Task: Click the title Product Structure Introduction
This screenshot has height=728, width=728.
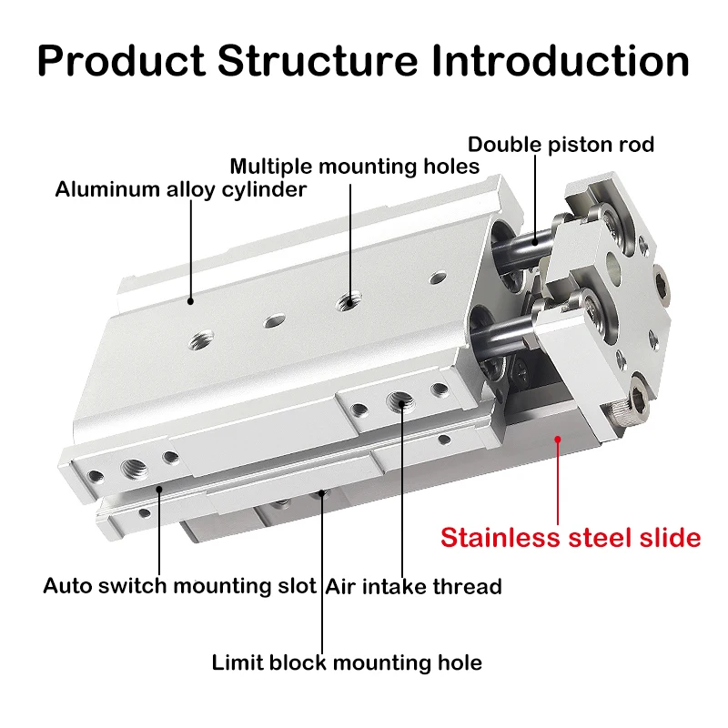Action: [x=363, y=61]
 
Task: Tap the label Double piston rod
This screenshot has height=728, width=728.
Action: [x=561, y=145]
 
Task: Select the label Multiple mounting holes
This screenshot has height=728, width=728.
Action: [x=355, y=167]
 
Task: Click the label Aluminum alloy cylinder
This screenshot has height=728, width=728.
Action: [x=180, y=189]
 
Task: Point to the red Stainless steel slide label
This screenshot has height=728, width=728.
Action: [x=571, y=538]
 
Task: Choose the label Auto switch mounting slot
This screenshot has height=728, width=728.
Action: [x=179, y=586]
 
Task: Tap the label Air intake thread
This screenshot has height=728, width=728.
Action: [x=413, y=586]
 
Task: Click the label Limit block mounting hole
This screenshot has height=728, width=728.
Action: [x=347, y=662]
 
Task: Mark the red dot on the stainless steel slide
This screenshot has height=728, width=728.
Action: [x=558, y=439]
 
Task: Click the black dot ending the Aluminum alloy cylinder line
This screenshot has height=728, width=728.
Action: [x=190, y=301]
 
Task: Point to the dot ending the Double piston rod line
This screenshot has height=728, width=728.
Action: [x=535, y=242]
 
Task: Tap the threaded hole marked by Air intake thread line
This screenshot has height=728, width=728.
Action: [x=401, y=400]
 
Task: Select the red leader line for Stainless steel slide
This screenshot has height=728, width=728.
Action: [x=558, y=482]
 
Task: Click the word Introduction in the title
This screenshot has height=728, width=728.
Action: [x=561, y=61]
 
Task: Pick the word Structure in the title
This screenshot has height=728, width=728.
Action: [x=318, y=61]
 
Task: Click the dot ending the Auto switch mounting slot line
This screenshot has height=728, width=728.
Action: [x=159, y=489]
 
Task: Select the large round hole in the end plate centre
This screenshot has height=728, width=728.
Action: [x=613, y=268]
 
